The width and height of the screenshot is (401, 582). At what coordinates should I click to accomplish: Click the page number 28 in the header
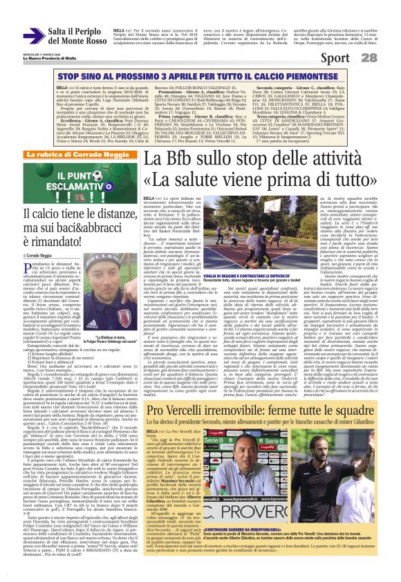tap(388, 57)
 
